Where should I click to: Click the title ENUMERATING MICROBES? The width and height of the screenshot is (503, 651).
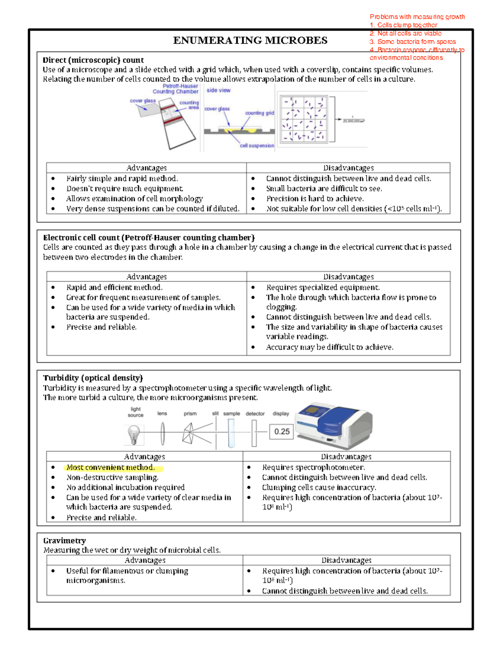[x=250, y=41]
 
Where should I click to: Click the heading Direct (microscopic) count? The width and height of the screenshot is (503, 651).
[x=93, y=60]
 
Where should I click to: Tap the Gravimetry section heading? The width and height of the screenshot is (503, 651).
[x=65, y=540]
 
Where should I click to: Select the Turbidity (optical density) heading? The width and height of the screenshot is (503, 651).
[x=93, y=378]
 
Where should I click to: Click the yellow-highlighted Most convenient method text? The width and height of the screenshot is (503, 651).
[x=111, y=467]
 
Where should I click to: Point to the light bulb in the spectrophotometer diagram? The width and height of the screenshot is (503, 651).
[x=134, y=434]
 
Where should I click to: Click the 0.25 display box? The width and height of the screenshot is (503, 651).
[x=282, y=431]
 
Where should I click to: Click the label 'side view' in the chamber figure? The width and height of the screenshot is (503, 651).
[x=218, y=90]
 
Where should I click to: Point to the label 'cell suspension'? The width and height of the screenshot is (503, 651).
[x=257, y=145]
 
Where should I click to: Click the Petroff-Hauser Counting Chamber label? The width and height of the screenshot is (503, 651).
[x=176, y=88]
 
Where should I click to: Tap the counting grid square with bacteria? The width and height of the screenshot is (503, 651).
[x=303, y=119]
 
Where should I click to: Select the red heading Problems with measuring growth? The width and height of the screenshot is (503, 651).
[x=417, y=17]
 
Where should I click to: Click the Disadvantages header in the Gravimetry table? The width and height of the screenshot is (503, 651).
[x=346, y=560]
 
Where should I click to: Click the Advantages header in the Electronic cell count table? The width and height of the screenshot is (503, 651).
[x=146, y=277]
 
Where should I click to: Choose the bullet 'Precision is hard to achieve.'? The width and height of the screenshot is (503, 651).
[x=315, y=199]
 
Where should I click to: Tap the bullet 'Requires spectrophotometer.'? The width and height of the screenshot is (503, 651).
[x=313, y=467]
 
